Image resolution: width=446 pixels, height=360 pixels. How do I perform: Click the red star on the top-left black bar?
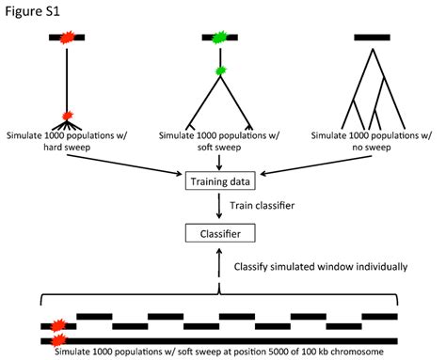tap(67, 38)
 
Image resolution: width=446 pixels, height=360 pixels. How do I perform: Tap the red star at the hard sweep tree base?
tap(67, 117)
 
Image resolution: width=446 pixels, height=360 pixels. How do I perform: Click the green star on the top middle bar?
tap(218, 38)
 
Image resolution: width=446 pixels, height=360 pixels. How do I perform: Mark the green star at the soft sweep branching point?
tap(218, 70)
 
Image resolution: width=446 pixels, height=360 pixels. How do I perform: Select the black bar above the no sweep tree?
tap(371, 38)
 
